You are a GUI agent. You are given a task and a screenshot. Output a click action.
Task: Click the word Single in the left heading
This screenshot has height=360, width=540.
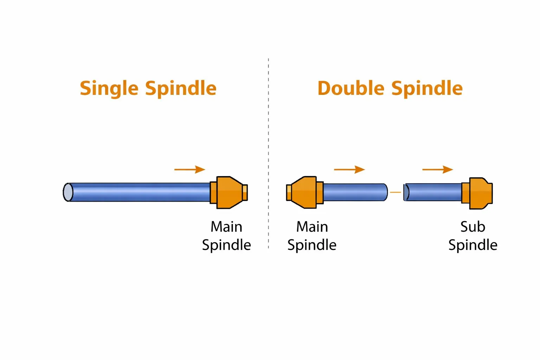[109, 88]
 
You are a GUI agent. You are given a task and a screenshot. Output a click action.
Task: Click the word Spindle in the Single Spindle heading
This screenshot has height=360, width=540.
[181, 88]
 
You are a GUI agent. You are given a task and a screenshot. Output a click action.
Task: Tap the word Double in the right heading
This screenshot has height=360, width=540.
[351, 88]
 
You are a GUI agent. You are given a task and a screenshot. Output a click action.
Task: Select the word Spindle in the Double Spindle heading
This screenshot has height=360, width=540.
[427, 88]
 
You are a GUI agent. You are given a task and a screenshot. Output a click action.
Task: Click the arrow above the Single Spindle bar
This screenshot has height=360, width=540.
[190, 169]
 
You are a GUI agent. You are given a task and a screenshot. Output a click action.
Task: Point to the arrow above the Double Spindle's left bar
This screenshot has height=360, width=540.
[349, 169]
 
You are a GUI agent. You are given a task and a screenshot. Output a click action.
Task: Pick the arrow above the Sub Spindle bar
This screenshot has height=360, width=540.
[438, 169]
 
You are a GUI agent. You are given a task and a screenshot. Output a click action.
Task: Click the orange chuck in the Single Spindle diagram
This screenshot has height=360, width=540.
[229, 193]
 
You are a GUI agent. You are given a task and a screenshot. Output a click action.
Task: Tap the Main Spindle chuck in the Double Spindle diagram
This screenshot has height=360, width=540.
[304, 193]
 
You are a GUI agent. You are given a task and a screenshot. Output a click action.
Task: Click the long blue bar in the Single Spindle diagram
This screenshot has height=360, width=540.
[141, 192]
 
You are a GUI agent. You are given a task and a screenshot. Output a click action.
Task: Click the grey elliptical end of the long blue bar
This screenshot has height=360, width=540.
[68, 192]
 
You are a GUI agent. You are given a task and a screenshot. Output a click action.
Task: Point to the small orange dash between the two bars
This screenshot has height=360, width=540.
[396, 192]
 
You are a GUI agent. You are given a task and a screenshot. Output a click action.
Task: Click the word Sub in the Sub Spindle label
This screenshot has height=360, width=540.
[473, 227]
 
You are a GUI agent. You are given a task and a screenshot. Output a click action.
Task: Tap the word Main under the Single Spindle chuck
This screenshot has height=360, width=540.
[226, 227]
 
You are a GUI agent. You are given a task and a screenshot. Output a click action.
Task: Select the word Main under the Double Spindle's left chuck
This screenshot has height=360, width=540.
[312, 227]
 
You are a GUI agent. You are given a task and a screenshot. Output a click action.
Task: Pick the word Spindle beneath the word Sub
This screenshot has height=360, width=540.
[473, 245]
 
